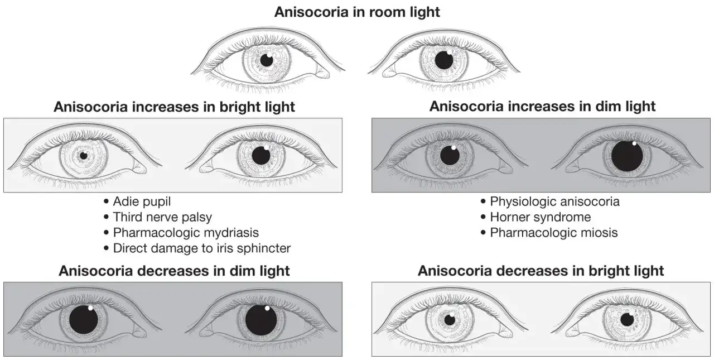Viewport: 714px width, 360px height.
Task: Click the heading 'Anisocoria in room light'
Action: tap(357, 12)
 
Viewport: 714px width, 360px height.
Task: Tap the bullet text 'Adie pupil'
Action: tap(142, 201)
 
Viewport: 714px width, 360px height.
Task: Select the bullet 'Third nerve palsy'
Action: tap(162, 217)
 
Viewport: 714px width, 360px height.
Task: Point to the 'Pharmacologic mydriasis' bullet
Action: tap(186, 233)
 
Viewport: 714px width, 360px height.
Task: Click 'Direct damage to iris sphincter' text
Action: tap(202, 248)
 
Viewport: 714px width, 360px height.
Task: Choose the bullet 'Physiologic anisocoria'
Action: tap(554, 201)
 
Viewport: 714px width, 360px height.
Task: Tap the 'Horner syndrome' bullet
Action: tap(541, 217)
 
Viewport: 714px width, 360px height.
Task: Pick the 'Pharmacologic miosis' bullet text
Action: tap(554, 233)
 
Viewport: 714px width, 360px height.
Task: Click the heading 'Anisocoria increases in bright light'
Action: tap(174, 107)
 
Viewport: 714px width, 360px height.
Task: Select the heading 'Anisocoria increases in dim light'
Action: tap(543, 107)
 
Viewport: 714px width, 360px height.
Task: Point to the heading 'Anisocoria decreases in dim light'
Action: tap(174, 271)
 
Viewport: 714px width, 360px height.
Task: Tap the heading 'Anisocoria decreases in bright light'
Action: tap(541, 271)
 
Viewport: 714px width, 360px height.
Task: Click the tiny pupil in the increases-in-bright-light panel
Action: tap(84, 156)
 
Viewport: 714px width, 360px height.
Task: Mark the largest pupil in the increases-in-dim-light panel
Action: tap(627, 156)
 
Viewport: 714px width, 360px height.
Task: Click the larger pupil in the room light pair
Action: tap(444, 60)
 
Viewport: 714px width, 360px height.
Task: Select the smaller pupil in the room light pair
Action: tap(267, 61)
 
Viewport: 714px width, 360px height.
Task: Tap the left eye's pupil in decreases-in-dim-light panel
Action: tap(84, 320)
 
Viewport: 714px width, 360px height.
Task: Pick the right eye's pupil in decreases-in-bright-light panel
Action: tap(628, 319)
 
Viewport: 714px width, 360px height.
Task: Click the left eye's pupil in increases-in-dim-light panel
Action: tap(450, 156)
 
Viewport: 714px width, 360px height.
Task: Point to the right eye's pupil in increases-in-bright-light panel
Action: tap(261, 156)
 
